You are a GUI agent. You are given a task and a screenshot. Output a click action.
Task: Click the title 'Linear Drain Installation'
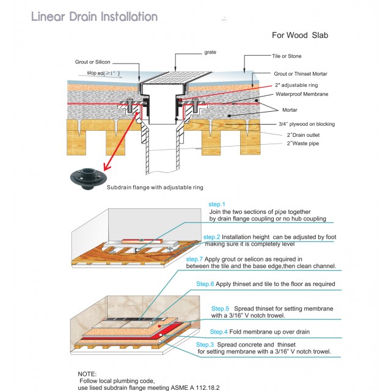pos(94,16)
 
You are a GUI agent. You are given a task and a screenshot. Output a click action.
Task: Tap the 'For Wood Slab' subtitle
pos(300,35)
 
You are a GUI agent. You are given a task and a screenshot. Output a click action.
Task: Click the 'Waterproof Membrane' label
pos(302,94)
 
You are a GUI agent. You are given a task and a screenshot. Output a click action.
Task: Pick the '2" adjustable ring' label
pos(296,85)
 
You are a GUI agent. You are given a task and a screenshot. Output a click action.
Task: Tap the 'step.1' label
pos(217,204)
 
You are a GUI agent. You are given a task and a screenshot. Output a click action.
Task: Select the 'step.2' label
pos(211,236)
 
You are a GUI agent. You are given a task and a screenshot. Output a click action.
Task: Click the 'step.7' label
pos(195,260)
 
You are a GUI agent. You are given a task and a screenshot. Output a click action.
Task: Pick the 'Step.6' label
pos(205,284)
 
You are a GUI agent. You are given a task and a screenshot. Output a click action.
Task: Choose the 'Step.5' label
pos(220,309)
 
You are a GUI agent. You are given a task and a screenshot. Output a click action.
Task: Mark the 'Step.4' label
pos(219,332)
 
